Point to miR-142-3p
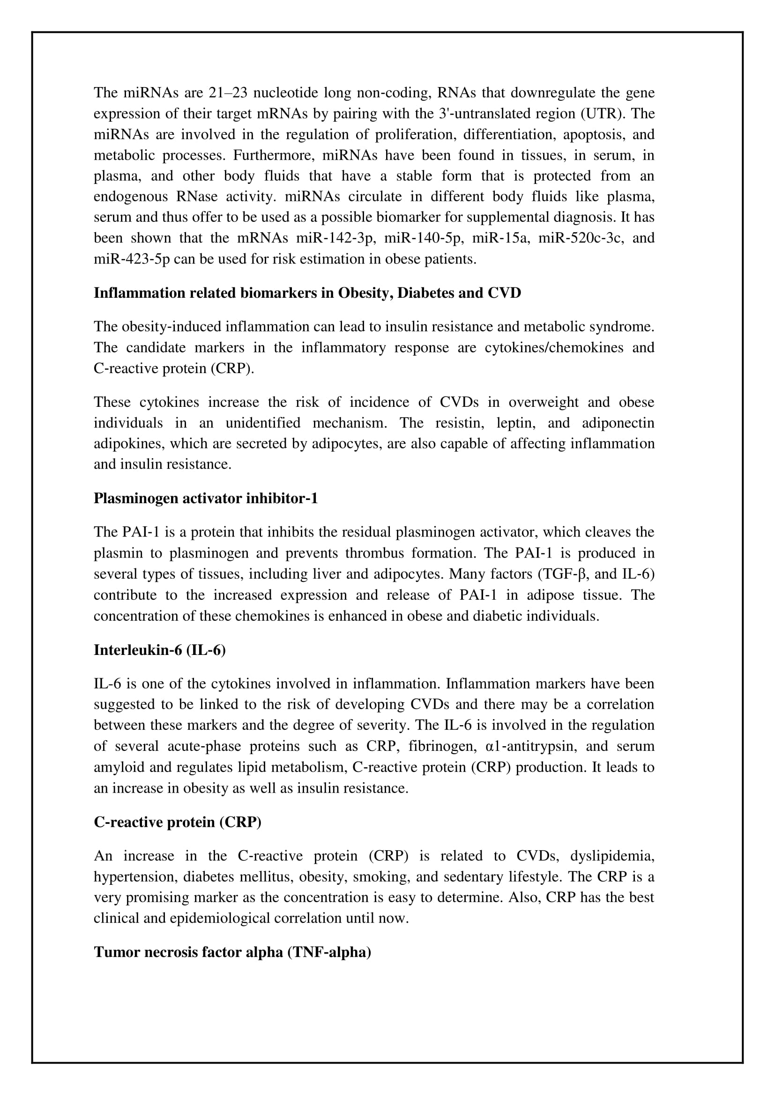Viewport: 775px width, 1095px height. (x=335, y=238)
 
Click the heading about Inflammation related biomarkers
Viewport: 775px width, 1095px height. (x=307, y=293)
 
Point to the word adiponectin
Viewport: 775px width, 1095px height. (x=618, y=423)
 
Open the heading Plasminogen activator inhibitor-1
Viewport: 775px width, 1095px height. (x=205, y=499)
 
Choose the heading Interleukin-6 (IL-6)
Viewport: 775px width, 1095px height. (x=159, y=650)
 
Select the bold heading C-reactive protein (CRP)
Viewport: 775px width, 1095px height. (x=177, y=822)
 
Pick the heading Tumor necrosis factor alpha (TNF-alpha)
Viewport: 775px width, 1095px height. (x=232, y=952)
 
